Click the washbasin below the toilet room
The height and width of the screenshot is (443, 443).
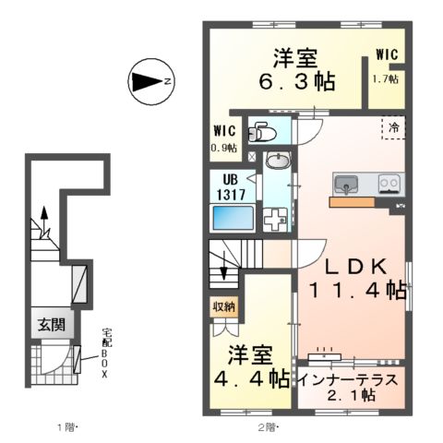(x=276, y=162)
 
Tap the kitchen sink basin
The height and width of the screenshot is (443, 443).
(x=347, y=183)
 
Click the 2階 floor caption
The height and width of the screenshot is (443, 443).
(x=267, y=426)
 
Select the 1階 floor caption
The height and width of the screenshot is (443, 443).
(x=66, y=426)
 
